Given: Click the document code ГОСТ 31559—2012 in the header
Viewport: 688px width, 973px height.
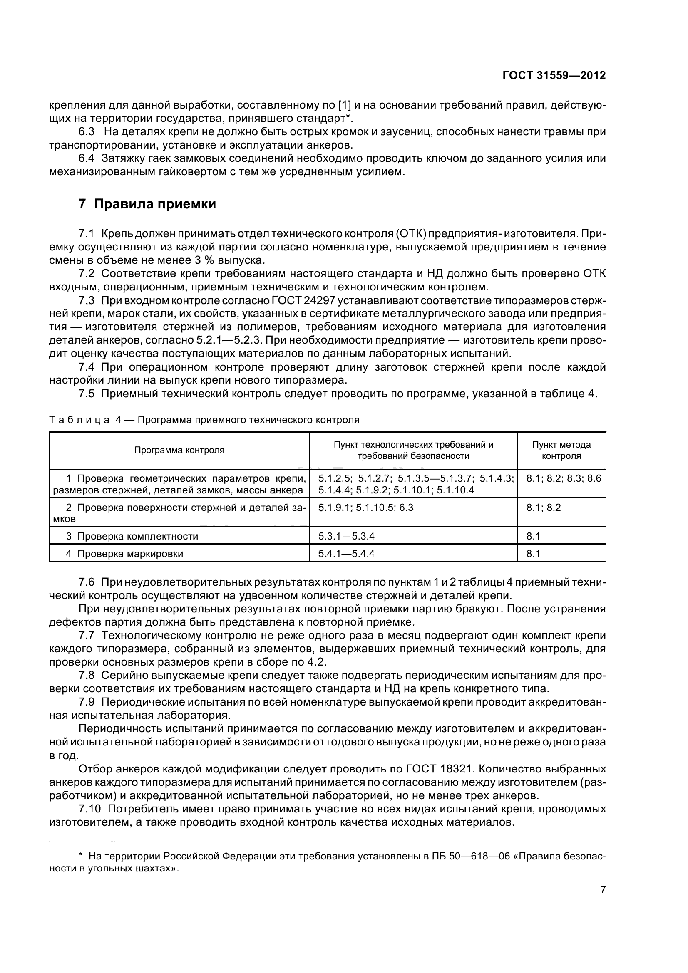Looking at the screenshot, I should (x=554, y=75).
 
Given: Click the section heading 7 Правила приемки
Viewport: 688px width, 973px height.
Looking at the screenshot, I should (x=147, y=204).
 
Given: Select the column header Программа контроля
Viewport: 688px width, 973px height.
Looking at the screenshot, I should (x=179, y=450).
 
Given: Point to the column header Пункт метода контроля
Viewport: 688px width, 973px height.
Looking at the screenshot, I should (x=561, y=450).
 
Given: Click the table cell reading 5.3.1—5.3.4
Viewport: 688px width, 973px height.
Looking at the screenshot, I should (x=346, y=536).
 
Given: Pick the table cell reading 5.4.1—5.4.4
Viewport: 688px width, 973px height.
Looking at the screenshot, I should (x=346, y=553).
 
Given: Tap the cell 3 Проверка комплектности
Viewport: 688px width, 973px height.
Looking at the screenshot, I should (x=132, y=536).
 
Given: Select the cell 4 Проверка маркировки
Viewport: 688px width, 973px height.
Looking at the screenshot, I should (x=124, y=553).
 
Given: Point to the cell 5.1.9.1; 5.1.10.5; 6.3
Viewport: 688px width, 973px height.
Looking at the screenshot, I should (x=365, y=507).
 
